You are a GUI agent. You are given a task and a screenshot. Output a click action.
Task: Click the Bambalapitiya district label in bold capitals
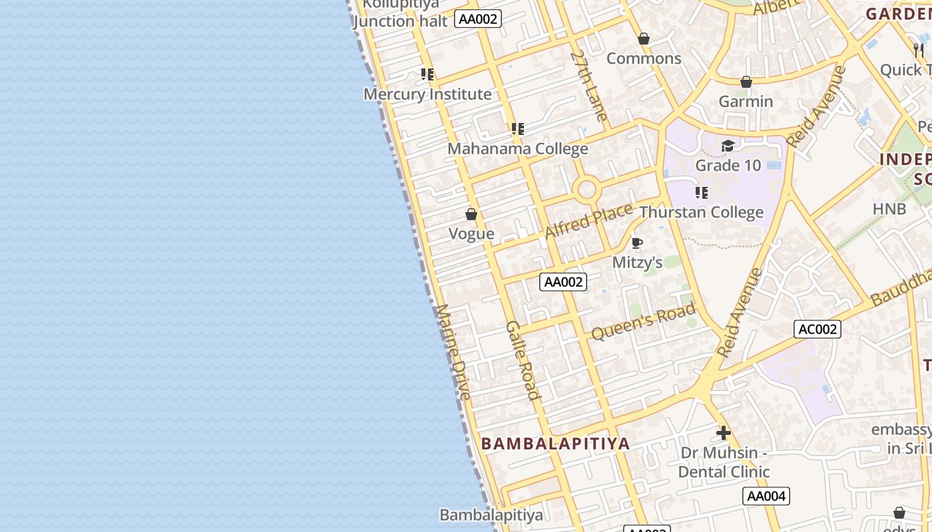coord(555,444)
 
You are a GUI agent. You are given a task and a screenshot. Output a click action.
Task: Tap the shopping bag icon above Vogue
coord(471,214)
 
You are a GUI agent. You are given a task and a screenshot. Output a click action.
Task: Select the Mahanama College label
coord(517,148)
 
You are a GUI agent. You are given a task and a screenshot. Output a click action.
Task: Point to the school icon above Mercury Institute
coord(427,74)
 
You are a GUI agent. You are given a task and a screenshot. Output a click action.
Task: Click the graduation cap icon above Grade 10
coord(728,146)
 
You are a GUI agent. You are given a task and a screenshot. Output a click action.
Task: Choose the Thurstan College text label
coord(701,212)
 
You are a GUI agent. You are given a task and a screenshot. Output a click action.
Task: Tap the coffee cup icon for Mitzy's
coord(637,243)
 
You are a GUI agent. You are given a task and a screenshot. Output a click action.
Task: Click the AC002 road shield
coord(817,329)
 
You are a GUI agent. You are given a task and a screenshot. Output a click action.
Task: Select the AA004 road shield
coord(766,496)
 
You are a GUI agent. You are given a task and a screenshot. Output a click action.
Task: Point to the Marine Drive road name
coord(453,352)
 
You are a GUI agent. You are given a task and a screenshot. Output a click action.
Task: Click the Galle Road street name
coord(523,360)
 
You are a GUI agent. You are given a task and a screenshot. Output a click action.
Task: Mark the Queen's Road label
coord(643,321)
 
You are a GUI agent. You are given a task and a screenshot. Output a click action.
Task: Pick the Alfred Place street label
coord(588,221)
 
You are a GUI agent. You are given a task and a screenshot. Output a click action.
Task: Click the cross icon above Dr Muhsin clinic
coord(724,434)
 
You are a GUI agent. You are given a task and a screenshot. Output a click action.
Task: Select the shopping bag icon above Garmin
coord(746,82)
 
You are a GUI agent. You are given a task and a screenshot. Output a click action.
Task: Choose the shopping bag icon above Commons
coord(643,39)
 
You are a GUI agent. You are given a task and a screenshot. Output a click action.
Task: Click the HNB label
coord(889,209)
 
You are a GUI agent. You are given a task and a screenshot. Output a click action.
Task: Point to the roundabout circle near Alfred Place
coord(587,190)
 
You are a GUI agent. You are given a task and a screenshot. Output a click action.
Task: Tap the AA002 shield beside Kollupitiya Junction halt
coord(478,19)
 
